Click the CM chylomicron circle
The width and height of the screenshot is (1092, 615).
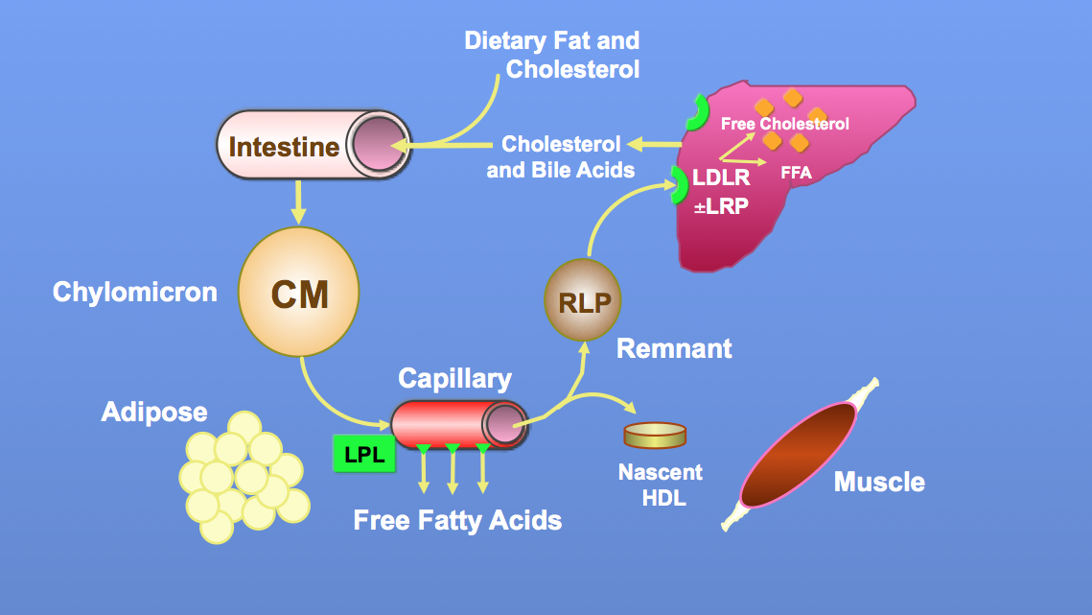(x=299, y=294)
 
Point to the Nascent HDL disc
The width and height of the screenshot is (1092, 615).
(x=655, y=436)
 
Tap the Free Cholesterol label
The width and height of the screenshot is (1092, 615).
(x=784, y=124)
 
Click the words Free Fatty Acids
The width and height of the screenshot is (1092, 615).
(x=457, y=521)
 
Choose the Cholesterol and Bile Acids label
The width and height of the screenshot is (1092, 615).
(x=560, y=157)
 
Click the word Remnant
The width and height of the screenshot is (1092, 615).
(x=674, y=347)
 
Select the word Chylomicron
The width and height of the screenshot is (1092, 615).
(x=135, y=292)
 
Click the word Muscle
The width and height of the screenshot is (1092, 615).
(x=879, y=481)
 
